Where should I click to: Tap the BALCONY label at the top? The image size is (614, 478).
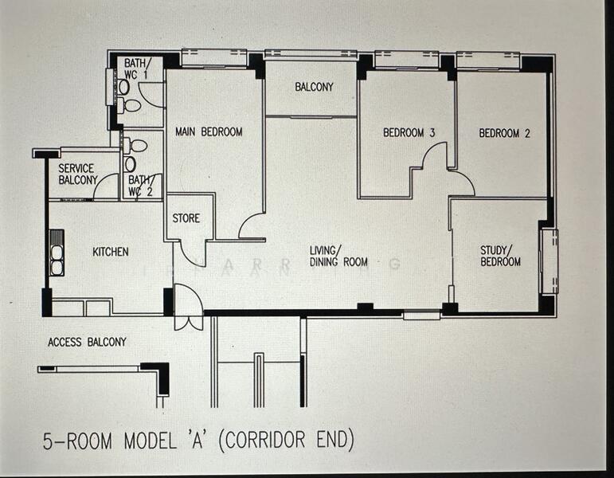click(314, 87)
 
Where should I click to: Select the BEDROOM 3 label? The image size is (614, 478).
click(409, 133)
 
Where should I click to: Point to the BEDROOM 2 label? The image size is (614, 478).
click(504, 133)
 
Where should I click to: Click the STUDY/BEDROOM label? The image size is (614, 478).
click(500, 256)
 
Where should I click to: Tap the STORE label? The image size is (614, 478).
click(186, 218)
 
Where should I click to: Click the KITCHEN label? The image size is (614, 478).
click(110, 252)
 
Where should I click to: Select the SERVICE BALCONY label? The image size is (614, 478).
click(76, 174)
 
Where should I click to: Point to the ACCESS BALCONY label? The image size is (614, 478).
click(87, 342)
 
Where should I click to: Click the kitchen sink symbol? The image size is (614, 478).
click(57, 253)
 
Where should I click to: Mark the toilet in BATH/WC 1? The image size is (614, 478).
click(131, 104)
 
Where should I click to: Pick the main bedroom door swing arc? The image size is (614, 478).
click(252, 226)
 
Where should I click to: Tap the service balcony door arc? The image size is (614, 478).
click(106, 188)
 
